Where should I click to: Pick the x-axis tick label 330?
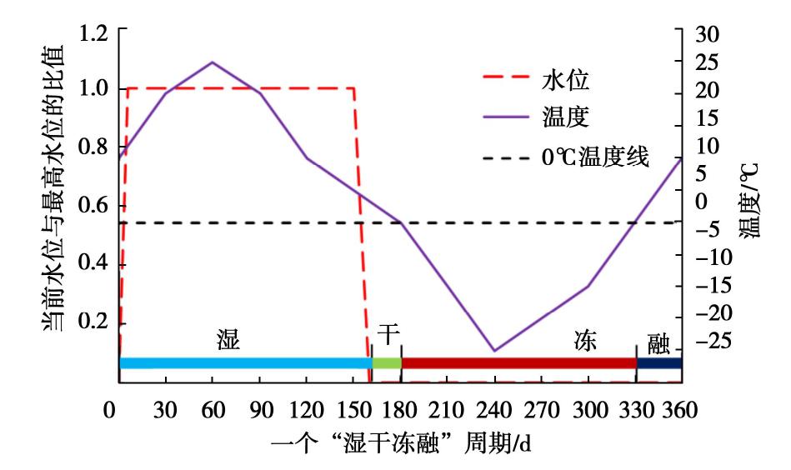pos(635,412)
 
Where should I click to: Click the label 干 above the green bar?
pos(388,332)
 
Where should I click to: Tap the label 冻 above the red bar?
pos(585,340)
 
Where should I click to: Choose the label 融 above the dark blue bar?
pos(659,340)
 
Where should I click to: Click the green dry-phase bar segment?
pos(387,362)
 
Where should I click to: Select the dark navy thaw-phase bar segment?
pos(659,362)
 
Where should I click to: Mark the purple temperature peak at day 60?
pos(213,62)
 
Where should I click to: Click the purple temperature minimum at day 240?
pos(494,351)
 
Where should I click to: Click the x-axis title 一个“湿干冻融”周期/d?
pos(401,445)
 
